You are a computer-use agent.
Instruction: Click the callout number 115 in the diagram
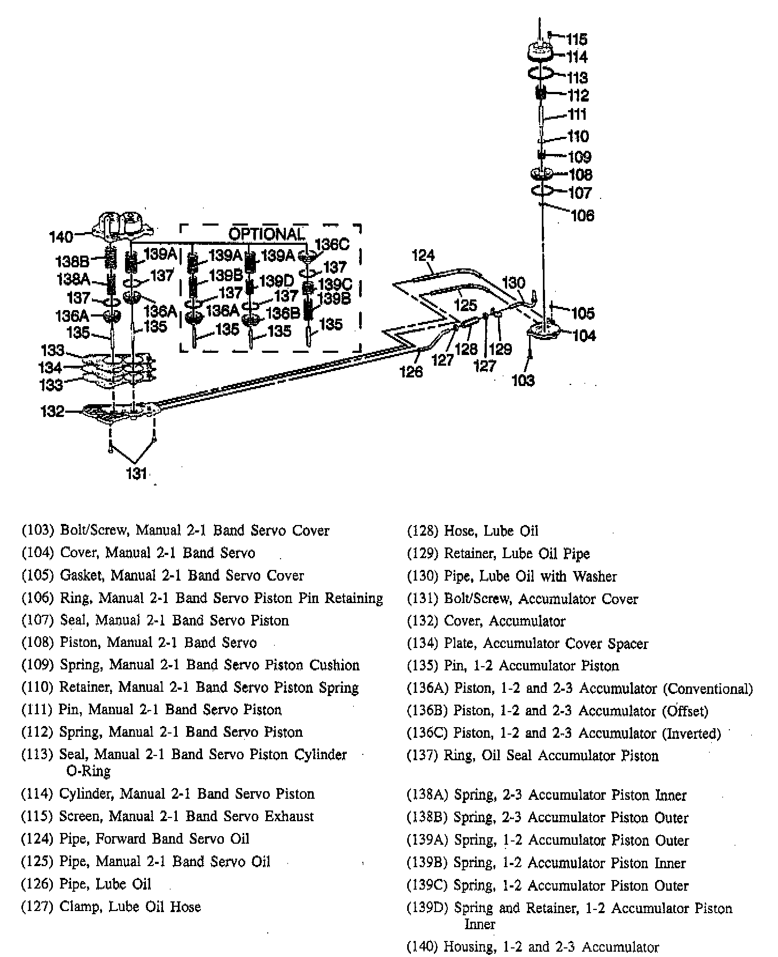click(x=577, y=39)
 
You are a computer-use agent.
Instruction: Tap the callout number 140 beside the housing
click(x=60, y=236)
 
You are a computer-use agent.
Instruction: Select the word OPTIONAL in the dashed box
click(x=266, y=234)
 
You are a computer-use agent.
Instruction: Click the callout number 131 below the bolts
click(x=136, y=473)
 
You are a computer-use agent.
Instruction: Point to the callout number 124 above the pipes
click(x=423, y=256)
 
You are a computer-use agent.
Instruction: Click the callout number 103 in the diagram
click(x=523, y=380)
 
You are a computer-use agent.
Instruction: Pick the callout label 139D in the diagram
click(x=277, y=281)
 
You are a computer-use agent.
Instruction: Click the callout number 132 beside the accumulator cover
click(x=53, y=411)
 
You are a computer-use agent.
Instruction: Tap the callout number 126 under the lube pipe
click(x=411, y=371)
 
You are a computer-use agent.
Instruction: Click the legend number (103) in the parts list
click(x=38, y=530)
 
